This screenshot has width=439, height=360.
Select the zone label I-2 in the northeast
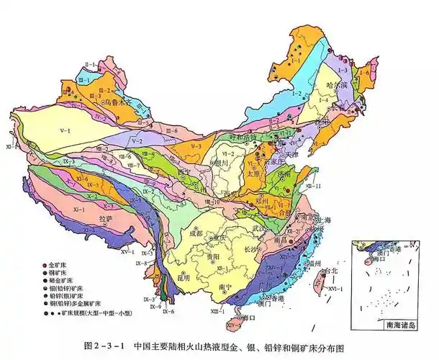coord(295,94)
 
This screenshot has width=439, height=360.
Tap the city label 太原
coord(250,174)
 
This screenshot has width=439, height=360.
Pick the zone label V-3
coord(196,147)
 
